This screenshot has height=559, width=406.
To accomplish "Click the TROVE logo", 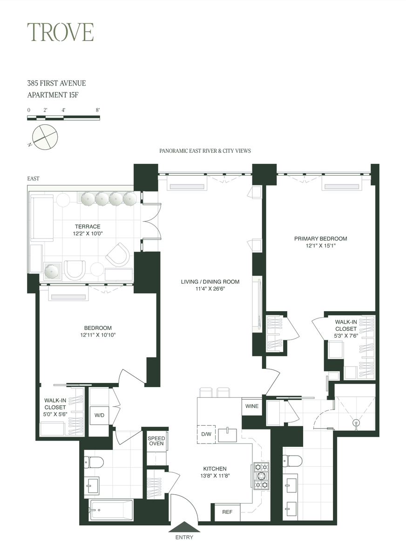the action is pyautogui.click(x=61, y=32).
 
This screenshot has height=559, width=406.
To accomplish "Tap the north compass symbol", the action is pyautogui.click(x=44, y=137).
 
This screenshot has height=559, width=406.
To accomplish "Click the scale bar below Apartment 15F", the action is pyautogui.click(x=63, y=118).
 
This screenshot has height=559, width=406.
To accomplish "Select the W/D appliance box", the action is pyautogui.click(x=99, y=416).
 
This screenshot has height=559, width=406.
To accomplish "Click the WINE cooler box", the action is pyautogui.click(x=251, y=406).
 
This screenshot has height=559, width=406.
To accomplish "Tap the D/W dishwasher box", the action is pyautogui.click(x=206, y=434).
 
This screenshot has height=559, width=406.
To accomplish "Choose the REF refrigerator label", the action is pyautogui.click(x=227, y=512).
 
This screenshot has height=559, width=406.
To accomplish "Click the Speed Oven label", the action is pyautogui.click(x=156, y=441).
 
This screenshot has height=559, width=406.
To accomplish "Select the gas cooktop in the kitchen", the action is pyautogui.click(x=261, y=476).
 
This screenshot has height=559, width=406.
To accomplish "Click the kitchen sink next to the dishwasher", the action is pyautogui.click(x=227, y=435).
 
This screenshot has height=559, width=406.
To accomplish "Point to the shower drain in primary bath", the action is pyautogui.click(x=356, y=423).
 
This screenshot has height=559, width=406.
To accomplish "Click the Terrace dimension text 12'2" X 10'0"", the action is pyautogui.click(x=88, y=233).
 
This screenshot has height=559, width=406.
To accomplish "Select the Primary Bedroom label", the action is pyautogui.click(x=320, y=239).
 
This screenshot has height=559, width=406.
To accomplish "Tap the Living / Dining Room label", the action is pyautogui.click(x=210, y=282).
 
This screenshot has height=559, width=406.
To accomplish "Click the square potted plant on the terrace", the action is pyautogui.click(x=52, y=271).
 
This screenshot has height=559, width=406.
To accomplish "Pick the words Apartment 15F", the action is pyautogui.click(x=53, y=95).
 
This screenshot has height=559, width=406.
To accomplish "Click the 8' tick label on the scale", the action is pyautogui.click(x=98, y=110).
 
